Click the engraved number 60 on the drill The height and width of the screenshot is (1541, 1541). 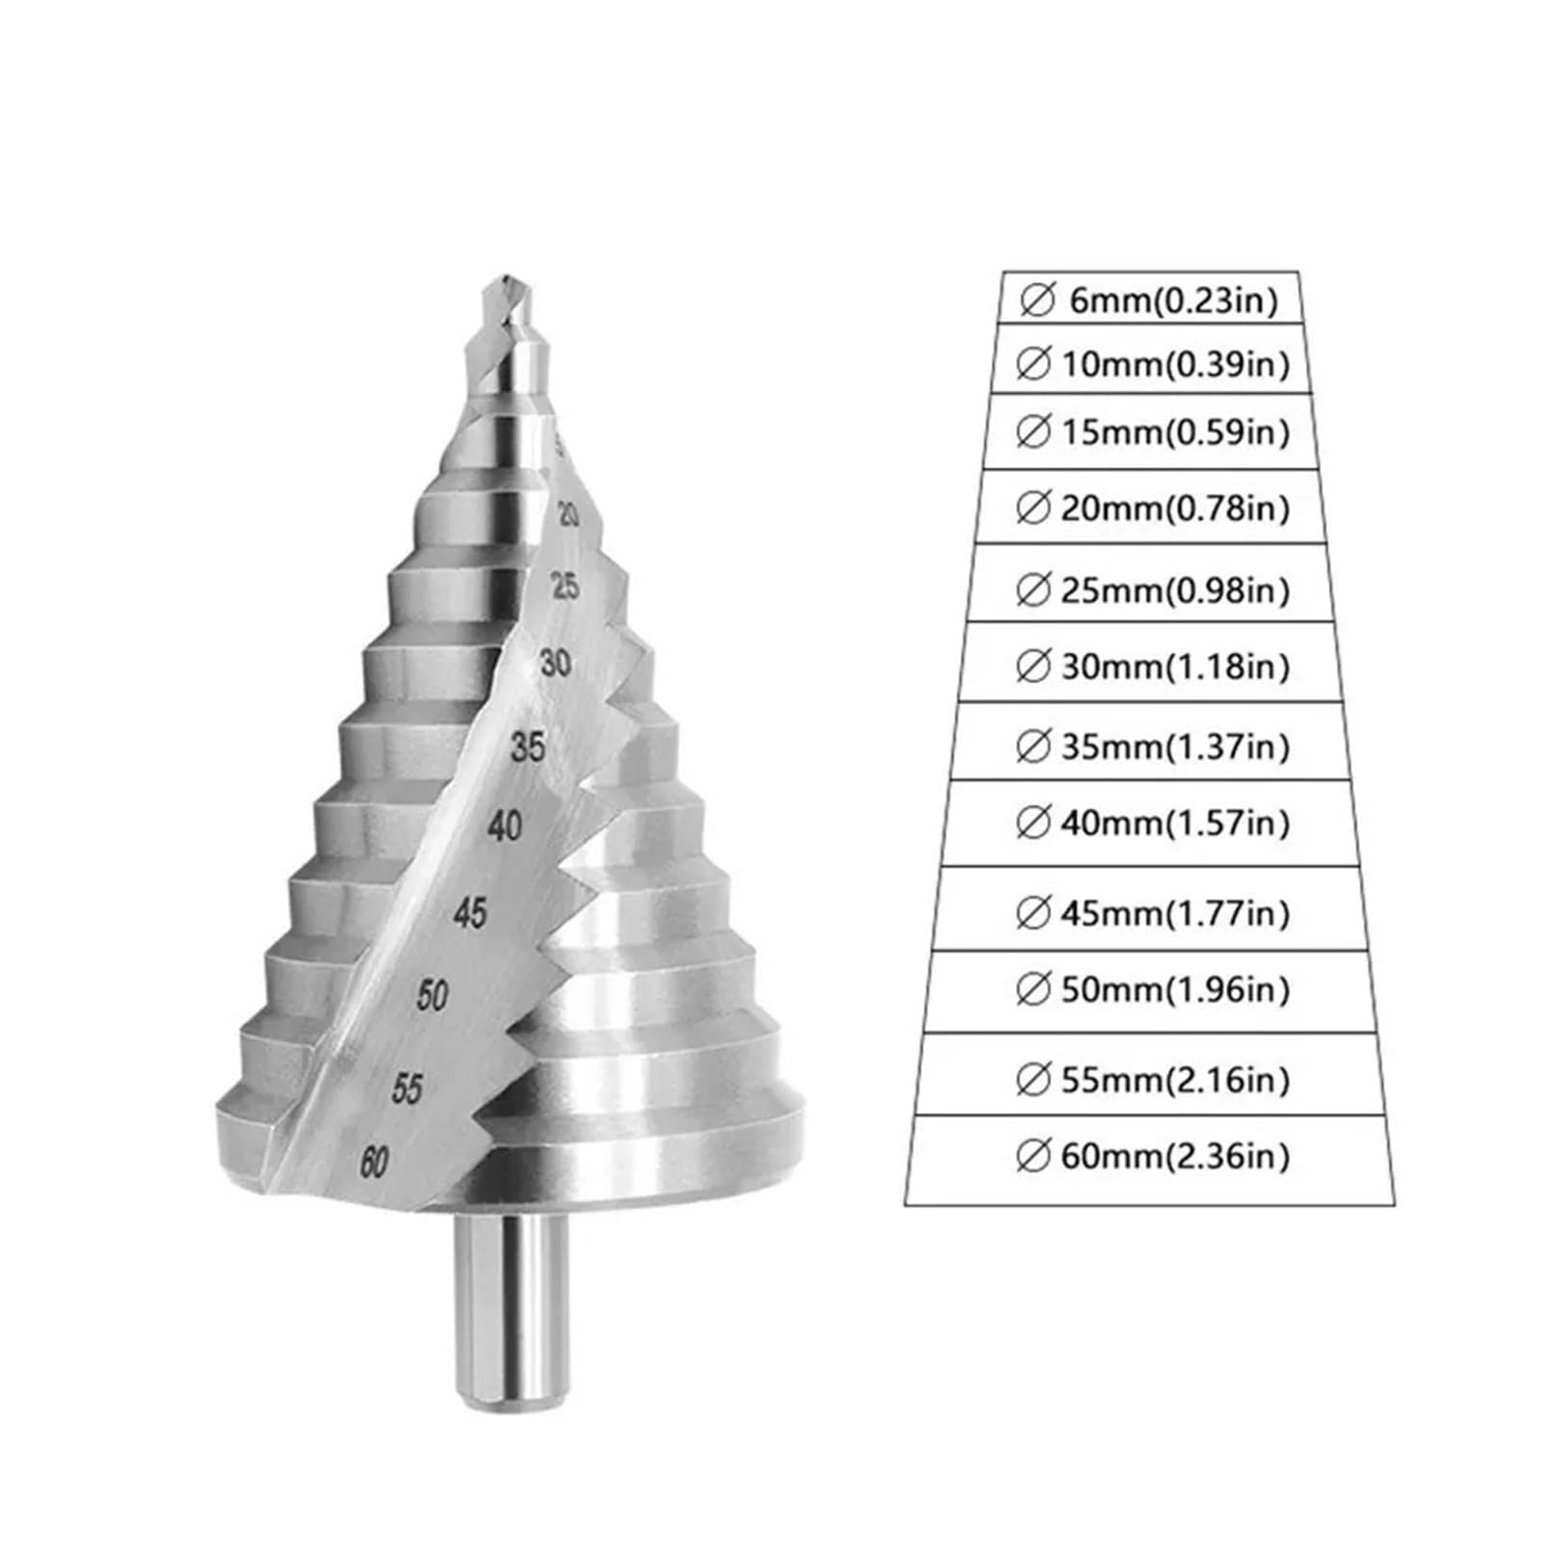tap(374, 1162)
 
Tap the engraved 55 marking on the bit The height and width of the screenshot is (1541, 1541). tap(407, 1088)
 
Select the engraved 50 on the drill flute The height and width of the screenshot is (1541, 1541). tap(433, 994)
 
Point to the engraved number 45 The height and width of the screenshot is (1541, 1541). tap(470, 912)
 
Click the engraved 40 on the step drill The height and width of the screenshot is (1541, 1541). tap(505, 826)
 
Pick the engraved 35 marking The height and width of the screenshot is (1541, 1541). tap(528, 746)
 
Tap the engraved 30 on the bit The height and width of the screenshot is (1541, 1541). tap(556, 663)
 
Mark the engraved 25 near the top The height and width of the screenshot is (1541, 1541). tap(565, 586)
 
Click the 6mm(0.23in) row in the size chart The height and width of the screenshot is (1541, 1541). tap(1152, 301)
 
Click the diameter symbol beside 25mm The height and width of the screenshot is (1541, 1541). tap(1032, 589)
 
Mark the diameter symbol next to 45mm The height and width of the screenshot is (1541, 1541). tap(1032, 912)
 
